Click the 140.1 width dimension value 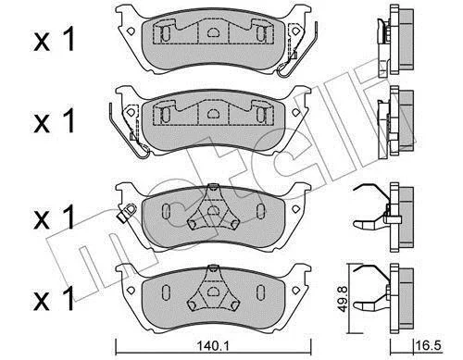212,346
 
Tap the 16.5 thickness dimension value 428,345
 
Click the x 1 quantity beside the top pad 55,39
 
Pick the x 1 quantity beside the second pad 55,121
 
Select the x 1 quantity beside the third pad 55,217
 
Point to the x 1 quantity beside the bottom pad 55,299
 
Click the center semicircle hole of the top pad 212,32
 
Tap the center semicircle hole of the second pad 212,114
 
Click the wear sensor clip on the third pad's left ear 126,212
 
